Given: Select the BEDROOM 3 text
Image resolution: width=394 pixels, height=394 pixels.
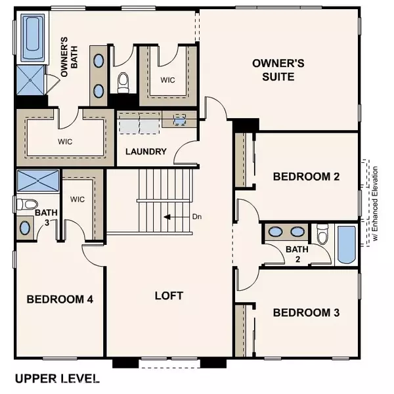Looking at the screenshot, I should click(x=306, y=312).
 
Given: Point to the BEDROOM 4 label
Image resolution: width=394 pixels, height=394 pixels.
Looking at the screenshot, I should click(x=60, y=299).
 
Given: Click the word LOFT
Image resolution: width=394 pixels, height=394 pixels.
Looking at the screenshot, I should click(x=169, y=295).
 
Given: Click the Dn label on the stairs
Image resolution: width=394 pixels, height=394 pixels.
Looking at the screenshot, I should click(x=196, y=216).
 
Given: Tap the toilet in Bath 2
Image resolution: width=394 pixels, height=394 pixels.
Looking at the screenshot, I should click(x=322, y=234).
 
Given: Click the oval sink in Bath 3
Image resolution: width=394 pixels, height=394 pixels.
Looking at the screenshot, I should click(x=25, y=228).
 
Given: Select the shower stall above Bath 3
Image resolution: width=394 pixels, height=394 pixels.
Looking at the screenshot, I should click(x=37, y=181).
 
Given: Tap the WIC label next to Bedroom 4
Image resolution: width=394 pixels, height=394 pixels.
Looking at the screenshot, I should click(x=77, y=199).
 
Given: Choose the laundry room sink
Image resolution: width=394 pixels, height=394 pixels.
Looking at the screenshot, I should click(x=180, y=120).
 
